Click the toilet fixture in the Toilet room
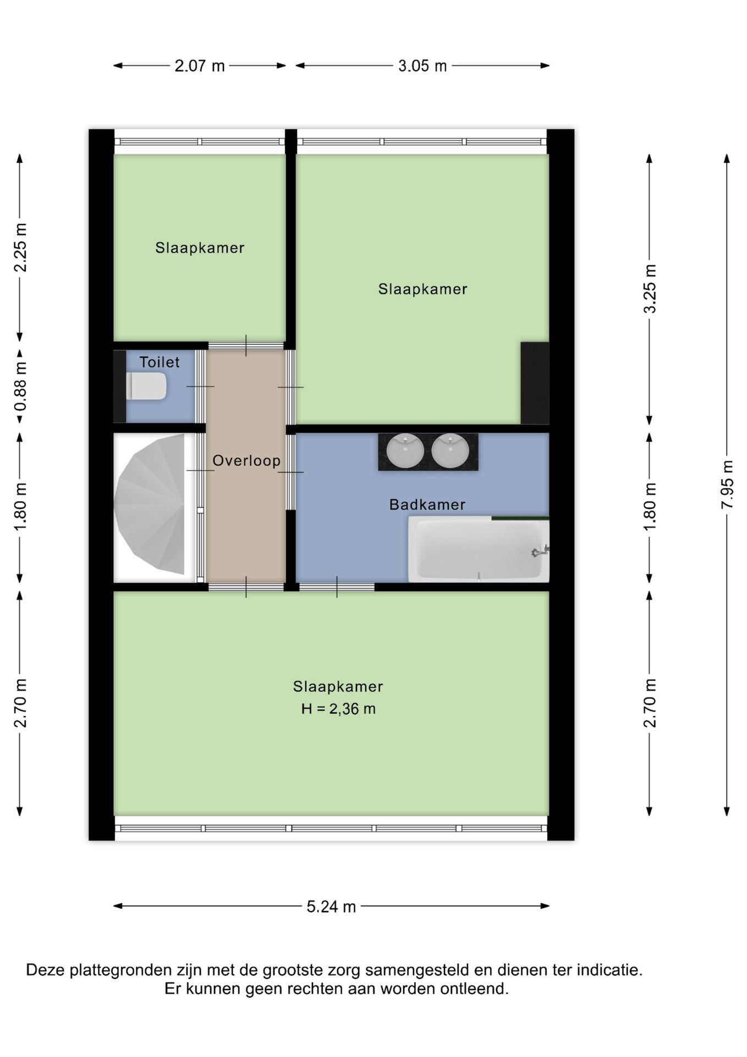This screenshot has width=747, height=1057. pyautogui.click(x=146, y=386)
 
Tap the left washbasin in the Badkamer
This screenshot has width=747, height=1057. pyautogui.click(x=405, y=450)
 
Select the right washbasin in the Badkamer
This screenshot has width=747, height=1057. pyautogui.click(x=450, y=450)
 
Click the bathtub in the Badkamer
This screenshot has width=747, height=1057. pyautogui.click(x=479, y=549)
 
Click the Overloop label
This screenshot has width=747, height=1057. pyautogui.click(x=246, y=461)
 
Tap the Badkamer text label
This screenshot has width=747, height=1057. pyautogui.click(x=427, y=504)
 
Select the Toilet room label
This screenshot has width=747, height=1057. pyautogui.click(x=160, y=362)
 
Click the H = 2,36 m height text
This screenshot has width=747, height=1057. pyautogui.click(x=338, y=709)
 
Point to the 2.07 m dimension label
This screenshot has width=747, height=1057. pyautogui.click(x=200, y=66)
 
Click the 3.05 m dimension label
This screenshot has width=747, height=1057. pyautogui.click(x=422, y=66)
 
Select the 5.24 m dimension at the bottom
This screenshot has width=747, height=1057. pyautogui.click(x=331, y=907)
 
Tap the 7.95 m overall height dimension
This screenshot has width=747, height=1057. pyautogui.click(x=727, y=484)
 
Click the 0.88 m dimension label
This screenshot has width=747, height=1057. pyautogui.click(x=20, y=387)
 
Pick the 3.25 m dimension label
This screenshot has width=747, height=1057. pyautogui.click(x=650, y=289)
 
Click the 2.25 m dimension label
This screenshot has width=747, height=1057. pyautogui.click(x=20, y=248)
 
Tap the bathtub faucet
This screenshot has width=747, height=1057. pyautogui.click(x=540, y=551)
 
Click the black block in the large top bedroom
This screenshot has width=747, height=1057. pyautogui.click(x=535, y=383)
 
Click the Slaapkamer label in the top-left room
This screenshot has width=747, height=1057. pyautogui.click(x=200, y=248)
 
